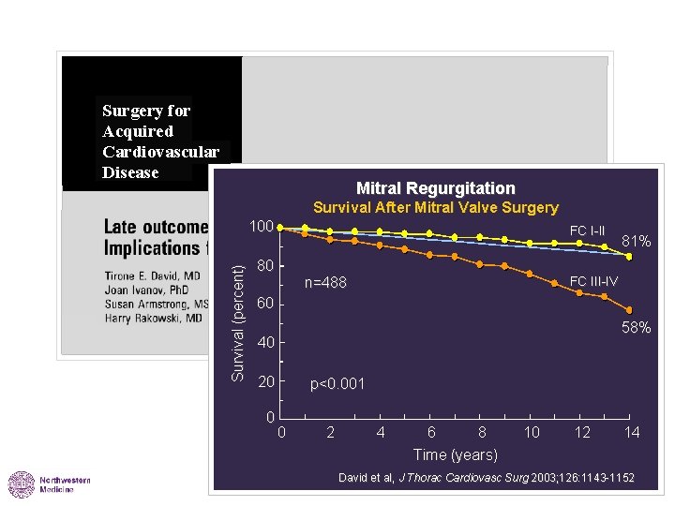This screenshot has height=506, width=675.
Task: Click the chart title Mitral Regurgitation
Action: point(435,188)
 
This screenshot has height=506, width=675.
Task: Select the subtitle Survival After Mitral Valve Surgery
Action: point(435,207)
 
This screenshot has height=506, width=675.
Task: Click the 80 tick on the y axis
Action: point(265,266)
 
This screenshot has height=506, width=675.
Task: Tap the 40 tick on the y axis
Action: point(265,343)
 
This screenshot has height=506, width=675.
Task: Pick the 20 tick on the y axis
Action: point(265,382)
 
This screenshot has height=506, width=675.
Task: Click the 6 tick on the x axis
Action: point(431,432)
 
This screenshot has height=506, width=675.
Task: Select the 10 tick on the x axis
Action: point(532,432)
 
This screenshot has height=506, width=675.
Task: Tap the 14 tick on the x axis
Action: point(632,432)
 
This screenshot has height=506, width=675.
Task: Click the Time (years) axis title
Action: point(457,454)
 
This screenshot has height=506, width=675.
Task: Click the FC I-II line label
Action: point(587,231)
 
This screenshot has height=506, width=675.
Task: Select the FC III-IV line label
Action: point(593,281)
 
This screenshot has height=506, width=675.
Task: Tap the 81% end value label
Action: point(637,242)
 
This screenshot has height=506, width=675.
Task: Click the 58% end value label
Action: point(637,328)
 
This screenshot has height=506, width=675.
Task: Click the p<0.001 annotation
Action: point(337,383)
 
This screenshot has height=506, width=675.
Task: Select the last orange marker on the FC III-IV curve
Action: point(629,310)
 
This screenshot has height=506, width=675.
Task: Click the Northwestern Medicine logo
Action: point(50,484)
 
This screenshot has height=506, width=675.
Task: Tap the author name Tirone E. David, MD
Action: point(152,276)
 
